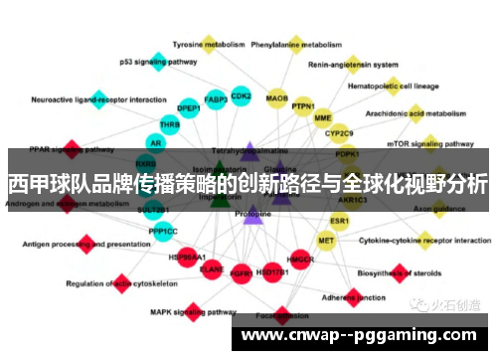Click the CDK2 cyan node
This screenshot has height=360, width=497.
[241, 96]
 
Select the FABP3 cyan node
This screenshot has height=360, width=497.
[216, 100]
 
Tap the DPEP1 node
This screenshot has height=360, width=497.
[189, 108]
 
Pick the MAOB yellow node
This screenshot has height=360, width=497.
[277, 99]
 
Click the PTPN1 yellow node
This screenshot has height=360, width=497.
[303, 106]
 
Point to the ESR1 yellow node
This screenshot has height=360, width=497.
[340, 220]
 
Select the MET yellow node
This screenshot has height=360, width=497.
[326, 240]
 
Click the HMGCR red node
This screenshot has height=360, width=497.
[300, 261]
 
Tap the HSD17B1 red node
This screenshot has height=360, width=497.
[271, 270]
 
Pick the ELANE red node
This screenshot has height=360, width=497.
[212, 268]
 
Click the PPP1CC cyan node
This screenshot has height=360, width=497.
[164, 232]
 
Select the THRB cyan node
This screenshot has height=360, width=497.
[170, 125]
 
